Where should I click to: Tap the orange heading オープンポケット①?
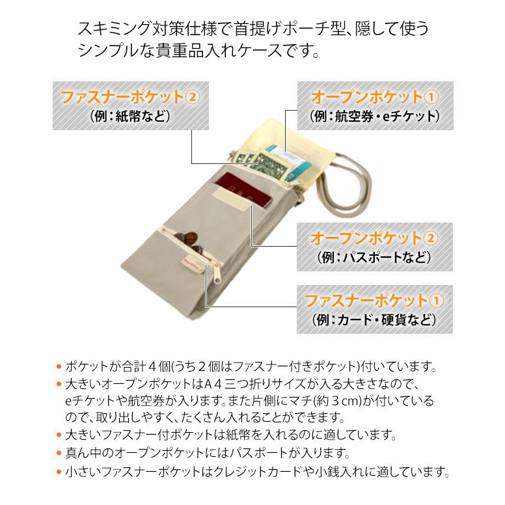374,97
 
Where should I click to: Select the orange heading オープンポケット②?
374,238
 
